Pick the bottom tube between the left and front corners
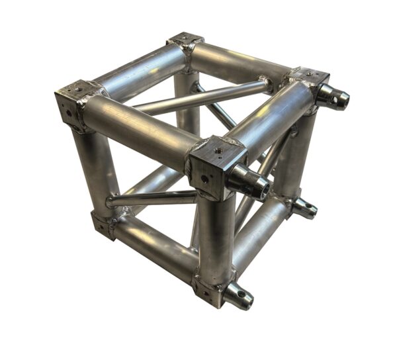pyautogui.click(x=155, y=250)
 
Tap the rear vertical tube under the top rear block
pyautogui.click(x=188, y=99)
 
